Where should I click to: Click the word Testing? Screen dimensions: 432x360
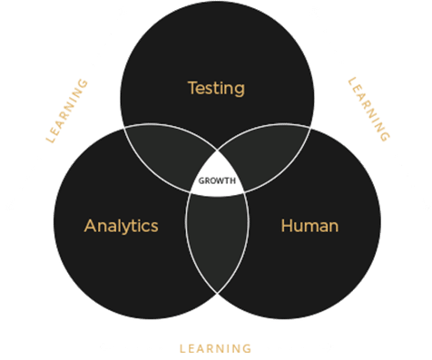tap(216, 88)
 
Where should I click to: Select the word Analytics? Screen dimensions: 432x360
tap(122, 225)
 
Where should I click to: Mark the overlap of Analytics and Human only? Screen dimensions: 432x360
tap(217, 240)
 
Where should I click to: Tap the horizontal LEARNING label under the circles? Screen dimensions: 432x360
tap(215, 347)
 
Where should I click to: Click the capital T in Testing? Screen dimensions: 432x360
tap(191, 88)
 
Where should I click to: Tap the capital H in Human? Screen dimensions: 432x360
tap(287, 225)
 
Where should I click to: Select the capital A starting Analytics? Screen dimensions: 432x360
tap(90, 225)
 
